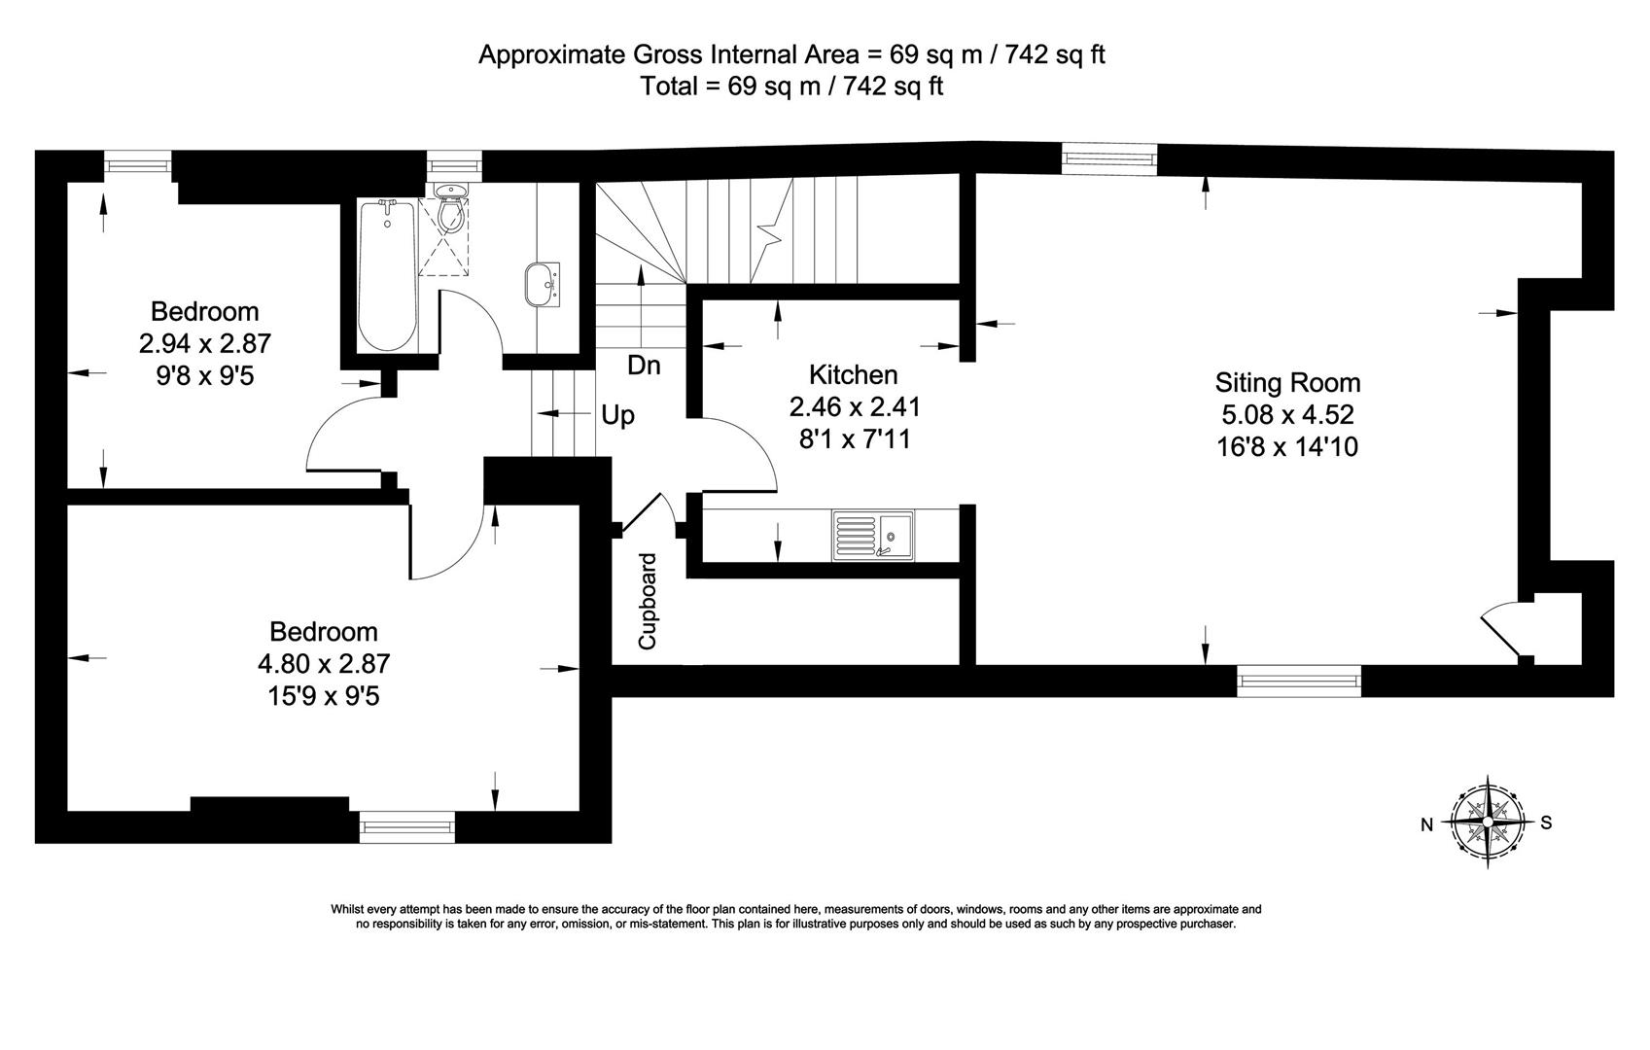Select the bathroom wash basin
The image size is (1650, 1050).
[x=543, y=284]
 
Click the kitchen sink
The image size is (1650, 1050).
[x=872, y=536]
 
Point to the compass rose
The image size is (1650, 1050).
[x=1487, y=822]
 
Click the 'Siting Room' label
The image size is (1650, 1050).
[x=1287, y=382]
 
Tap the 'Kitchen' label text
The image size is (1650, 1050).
[x=853, y=374]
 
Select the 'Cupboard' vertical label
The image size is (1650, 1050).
[x=648, y=602]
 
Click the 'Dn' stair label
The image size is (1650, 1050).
[x=644, y=366]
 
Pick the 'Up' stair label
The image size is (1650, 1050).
[x=618, y=416]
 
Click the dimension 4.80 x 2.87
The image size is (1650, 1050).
[x=324, y=663]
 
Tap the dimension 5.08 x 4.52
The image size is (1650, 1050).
[x=1287, y=415]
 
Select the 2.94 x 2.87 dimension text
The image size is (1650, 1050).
[x=204, y=343]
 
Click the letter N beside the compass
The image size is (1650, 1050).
[x=1426, y=825]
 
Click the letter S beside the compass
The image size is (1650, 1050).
[x=1546, y=822]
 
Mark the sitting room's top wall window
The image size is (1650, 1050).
[x=1109, y=157]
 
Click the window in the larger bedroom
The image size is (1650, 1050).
[x=406, y=827]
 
